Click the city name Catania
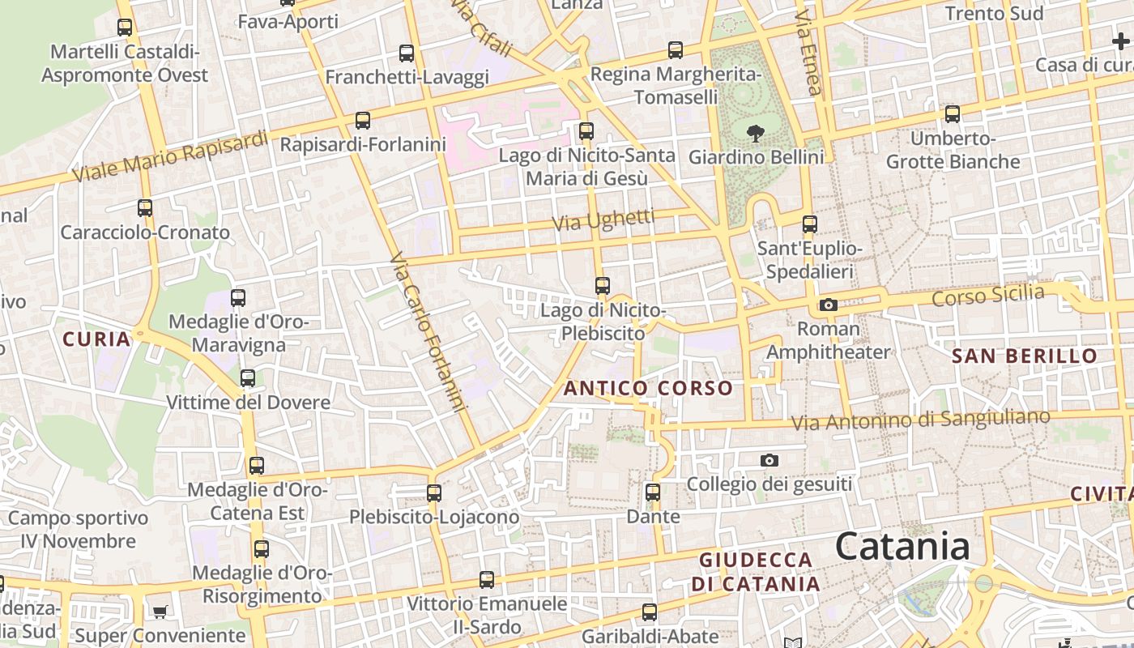click(902, 546)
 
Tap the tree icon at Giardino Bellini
click(756, 134)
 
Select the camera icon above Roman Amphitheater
click(828, 305)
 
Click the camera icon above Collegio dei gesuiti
click(769, 461)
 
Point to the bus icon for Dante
click(653, 492)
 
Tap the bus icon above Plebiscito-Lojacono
click(434, 492)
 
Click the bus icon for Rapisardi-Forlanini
click(363, 121)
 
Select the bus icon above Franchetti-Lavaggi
click(407, 53)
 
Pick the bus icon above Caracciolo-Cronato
click(145, 208)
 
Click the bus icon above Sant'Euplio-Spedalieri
click(809, 224)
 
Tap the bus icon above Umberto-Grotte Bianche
click(953, 114)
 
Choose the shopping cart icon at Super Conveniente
click(160, 612)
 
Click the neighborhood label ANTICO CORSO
click(648, 388)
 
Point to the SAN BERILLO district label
click(1025, 356)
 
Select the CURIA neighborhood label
click(96, 339)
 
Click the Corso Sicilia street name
click(987, 296)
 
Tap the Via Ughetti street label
click(603, 220)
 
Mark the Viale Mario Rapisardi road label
click(169, 156)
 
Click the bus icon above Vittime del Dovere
click(248, 378)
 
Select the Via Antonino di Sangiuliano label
click(920, 420)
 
